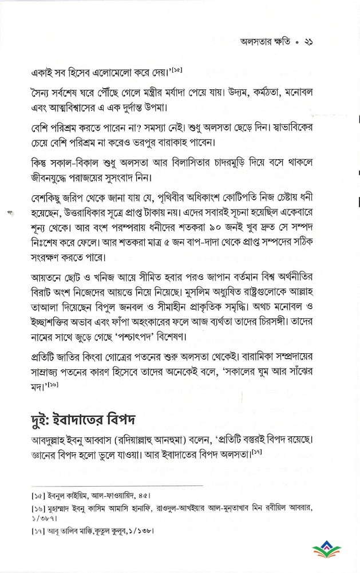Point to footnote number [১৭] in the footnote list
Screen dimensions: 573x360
pyautogui.click(x=26, y=531)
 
